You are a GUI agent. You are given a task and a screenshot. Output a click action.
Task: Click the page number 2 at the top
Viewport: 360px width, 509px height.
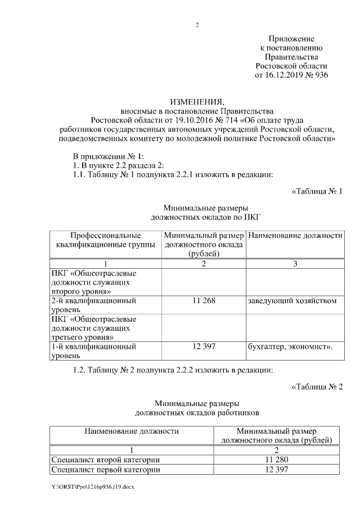click(x=197, y=25)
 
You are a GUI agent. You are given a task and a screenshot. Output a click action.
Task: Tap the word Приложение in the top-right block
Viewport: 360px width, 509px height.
click(x=291, y=38)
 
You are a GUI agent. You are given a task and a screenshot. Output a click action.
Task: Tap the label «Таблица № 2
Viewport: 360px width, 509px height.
click(x=317, y=386)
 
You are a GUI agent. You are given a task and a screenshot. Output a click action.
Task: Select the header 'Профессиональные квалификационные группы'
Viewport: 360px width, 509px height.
click(x=106, y=240)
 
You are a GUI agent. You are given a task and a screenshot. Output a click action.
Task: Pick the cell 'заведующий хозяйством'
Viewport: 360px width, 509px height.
click(x=292, y=301)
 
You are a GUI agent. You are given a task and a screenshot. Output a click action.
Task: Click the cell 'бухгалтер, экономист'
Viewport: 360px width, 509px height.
click(x=290, y=346)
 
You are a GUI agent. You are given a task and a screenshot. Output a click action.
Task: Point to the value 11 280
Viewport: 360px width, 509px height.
click(x=276, y=460)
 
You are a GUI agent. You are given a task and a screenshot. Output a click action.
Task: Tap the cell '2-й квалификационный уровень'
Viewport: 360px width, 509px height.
click(x=93, y=305)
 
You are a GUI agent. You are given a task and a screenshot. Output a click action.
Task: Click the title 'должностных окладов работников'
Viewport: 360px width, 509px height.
click(x=197, y=413)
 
